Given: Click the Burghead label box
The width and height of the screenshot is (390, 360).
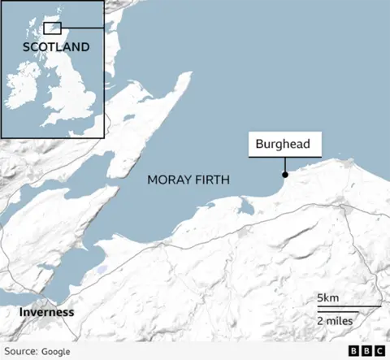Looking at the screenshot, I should (284, 145).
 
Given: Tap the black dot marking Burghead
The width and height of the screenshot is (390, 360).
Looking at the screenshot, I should (284, 175).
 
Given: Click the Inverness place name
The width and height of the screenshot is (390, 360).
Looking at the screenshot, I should (47, 312).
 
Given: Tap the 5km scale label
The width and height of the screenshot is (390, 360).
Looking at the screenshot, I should (328, 298).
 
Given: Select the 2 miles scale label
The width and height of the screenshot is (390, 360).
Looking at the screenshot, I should (334, 321).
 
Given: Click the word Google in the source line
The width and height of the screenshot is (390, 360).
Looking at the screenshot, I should (55, 351).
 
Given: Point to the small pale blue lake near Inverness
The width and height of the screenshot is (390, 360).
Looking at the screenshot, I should (100, 269).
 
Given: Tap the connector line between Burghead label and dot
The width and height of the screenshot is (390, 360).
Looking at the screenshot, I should (284, 165).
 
